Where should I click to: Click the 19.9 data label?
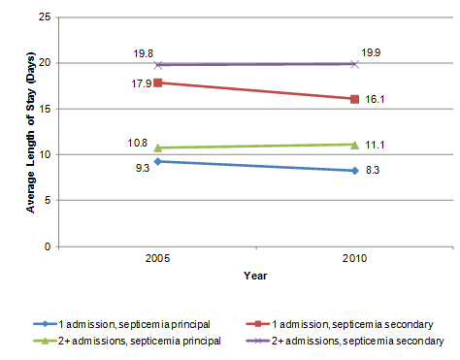pyautogui.click(x=370, y=52)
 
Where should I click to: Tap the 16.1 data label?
pyautogui.click(x=377, y=99)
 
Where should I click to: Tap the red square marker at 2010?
pyautogui.click(x=355, y=99)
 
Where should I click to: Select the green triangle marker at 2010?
pyautogui.click(x=355, y=145)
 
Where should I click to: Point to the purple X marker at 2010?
pyautogui.click(x=355, y=64)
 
